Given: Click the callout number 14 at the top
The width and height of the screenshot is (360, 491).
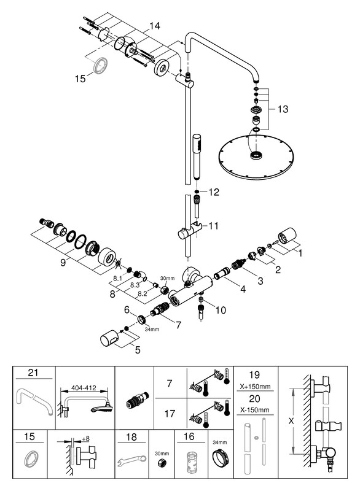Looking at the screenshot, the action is (154, 26).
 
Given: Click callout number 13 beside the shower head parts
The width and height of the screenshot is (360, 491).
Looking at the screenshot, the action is (283, 109).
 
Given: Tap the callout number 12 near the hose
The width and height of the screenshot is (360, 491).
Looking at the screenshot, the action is (214, 192).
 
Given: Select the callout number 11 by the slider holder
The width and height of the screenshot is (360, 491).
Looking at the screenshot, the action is (213, 225).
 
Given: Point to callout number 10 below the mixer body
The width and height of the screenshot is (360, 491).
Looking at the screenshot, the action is (221, 310).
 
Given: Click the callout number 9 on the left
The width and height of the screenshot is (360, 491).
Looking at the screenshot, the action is (63, 263).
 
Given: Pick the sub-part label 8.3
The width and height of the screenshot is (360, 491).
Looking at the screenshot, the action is (135, 285).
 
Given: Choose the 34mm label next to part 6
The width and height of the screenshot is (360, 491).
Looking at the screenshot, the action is (152, 329).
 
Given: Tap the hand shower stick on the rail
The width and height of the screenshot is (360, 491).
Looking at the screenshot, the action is (197, 157).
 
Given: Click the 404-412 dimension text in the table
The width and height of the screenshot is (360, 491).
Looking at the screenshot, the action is (84, 388).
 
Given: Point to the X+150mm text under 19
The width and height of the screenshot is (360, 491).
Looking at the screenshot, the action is (255, 387).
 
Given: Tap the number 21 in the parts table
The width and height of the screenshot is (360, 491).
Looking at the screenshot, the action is (33, 373).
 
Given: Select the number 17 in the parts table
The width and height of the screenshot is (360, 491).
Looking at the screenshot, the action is (170, 414).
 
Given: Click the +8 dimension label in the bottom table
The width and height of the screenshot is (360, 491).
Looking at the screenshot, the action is (85, 439).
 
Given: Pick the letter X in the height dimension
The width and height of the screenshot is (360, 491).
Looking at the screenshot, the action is (291, 421).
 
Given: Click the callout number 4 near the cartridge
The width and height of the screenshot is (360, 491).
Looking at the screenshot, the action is (243, 289).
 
